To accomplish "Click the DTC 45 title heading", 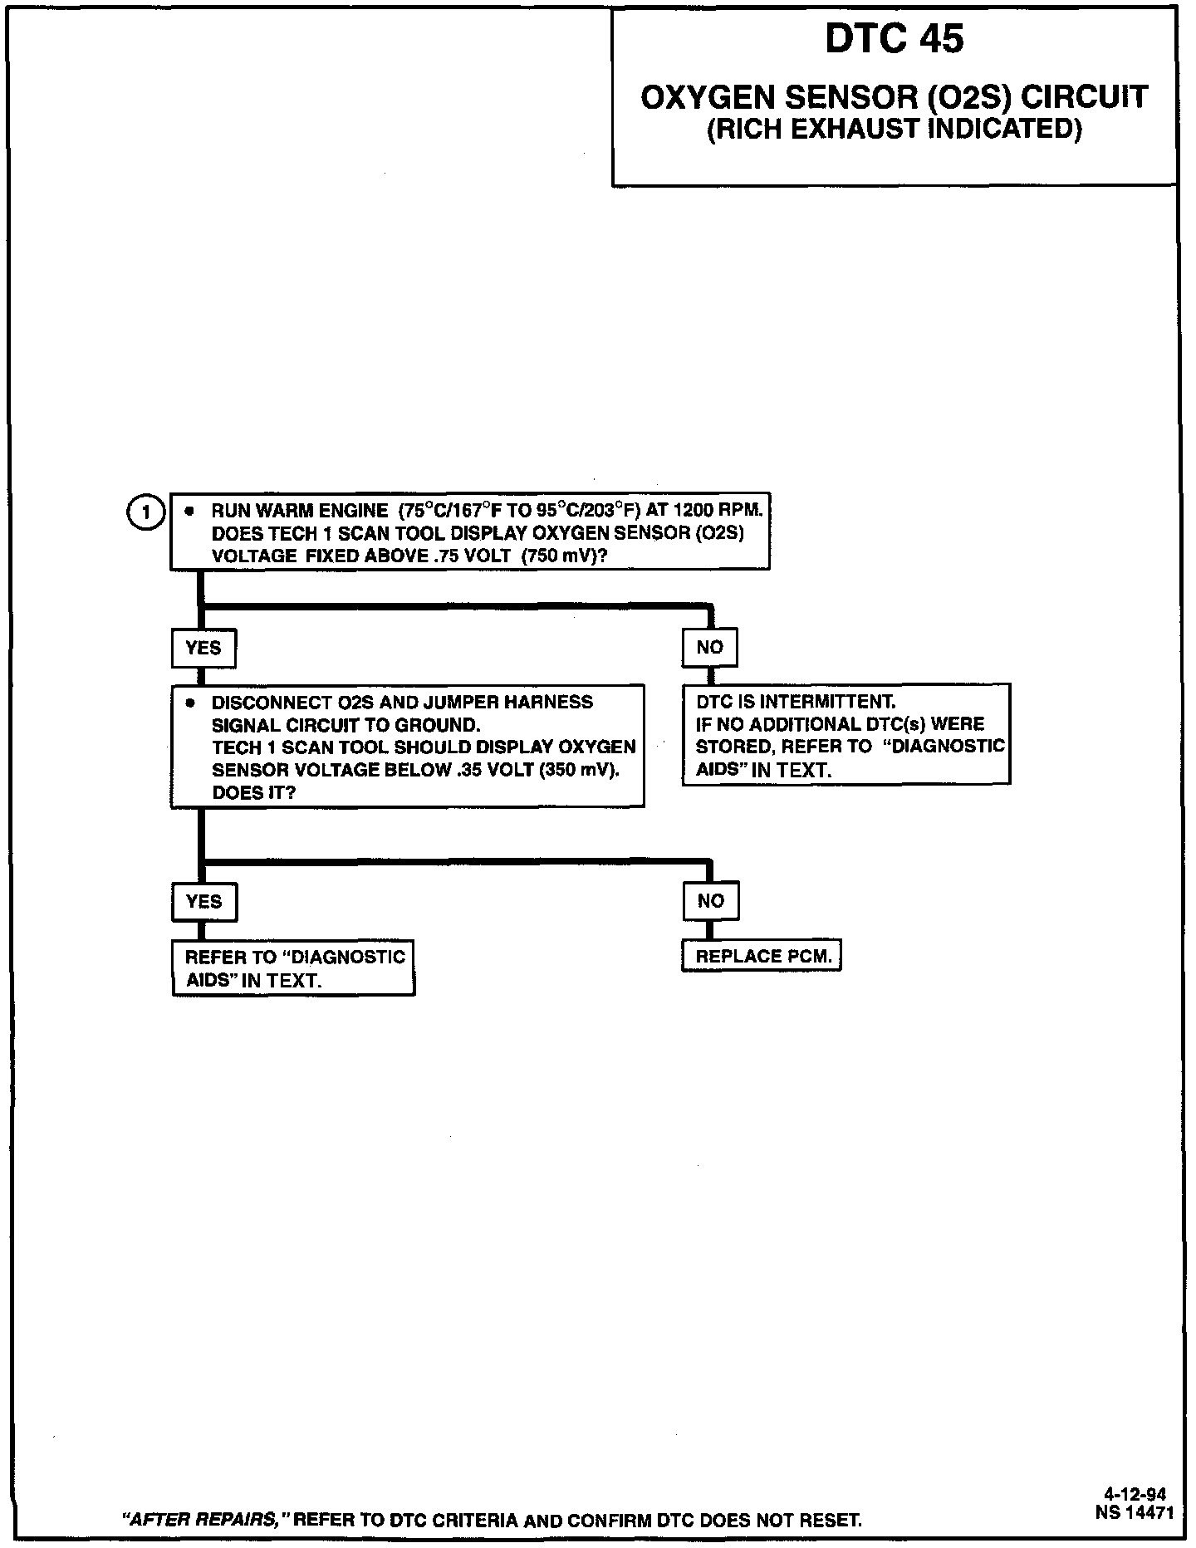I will (x=895, y=39).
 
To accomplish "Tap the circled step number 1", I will (x=146, y=512).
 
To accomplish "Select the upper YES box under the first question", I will (x=203, y=648).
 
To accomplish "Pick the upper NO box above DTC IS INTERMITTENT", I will (x=709, y=648).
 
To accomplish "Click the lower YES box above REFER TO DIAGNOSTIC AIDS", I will (x=204, y=902).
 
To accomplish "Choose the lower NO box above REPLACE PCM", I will (x=710, y=901).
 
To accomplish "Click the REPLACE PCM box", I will (x=762, y=957).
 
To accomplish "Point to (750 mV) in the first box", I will (x=565, y=556).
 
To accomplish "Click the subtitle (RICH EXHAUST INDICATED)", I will (x=895, y=130).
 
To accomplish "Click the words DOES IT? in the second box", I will (x=253, y=792).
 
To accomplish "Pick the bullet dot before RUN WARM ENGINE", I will (x=190, y=511).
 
